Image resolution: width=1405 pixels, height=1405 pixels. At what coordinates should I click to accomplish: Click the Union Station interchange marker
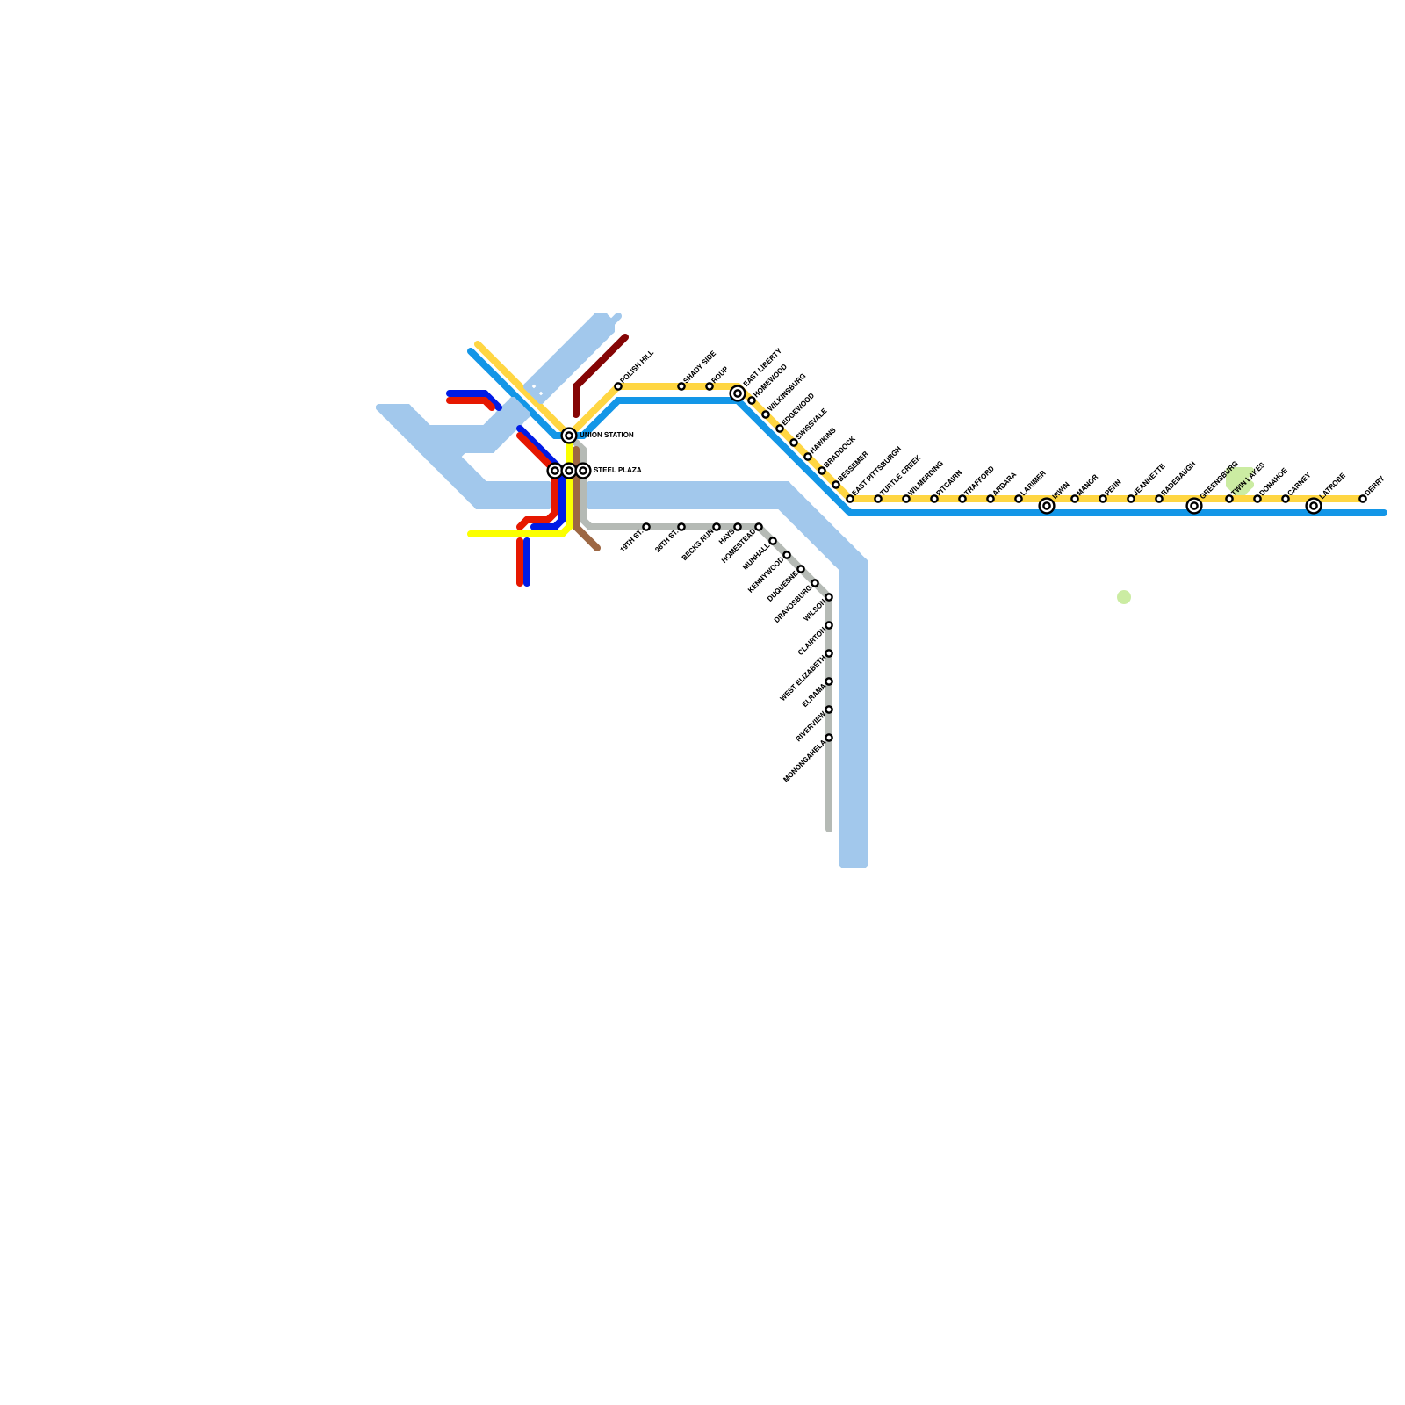[569, 436]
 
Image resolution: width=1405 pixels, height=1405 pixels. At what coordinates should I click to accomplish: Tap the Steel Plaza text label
[617, 471]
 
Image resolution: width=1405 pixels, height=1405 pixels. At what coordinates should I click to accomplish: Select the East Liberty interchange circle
[738, 393]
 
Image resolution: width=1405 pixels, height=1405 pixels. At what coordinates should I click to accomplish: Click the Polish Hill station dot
[618, 386]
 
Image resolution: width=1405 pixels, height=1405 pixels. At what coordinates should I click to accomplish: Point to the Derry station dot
[1363, 499]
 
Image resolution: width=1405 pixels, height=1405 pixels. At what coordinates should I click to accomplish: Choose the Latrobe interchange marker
[1314, 506]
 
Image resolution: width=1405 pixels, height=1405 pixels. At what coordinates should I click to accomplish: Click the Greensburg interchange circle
[1194, 506]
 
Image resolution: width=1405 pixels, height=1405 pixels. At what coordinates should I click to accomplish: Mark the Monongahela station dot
[829, 738]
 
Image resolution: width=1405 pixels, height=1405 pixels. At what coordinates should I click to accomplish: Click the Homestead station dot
[759, 527]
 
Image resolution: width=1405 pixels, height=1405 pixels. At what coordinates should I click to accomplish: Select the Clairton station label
[811, 642]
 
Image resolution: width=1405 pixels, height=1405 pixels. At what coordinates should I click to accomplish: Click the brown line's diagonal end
[596, 548]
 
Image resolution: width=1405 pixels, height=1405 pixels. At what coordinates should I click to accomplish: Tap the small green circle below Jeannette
[1124, 597]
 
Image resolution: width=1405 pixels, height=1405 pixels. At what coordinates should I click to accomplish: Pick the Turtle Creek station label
[901, 475]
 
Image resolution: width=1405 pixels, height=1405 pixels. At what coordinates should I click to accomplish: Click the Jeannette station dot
[1131, 499]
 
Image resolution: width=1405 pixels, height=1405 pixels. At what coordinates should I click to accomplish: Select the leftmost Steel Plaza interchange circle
[555, 471]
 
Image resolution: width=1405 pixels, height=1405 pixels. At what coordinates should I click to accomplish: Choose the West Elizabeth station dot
[829, 653]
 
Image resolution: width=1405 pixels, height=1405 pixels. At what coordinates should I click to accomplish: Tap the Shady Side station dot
[681, 386]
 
